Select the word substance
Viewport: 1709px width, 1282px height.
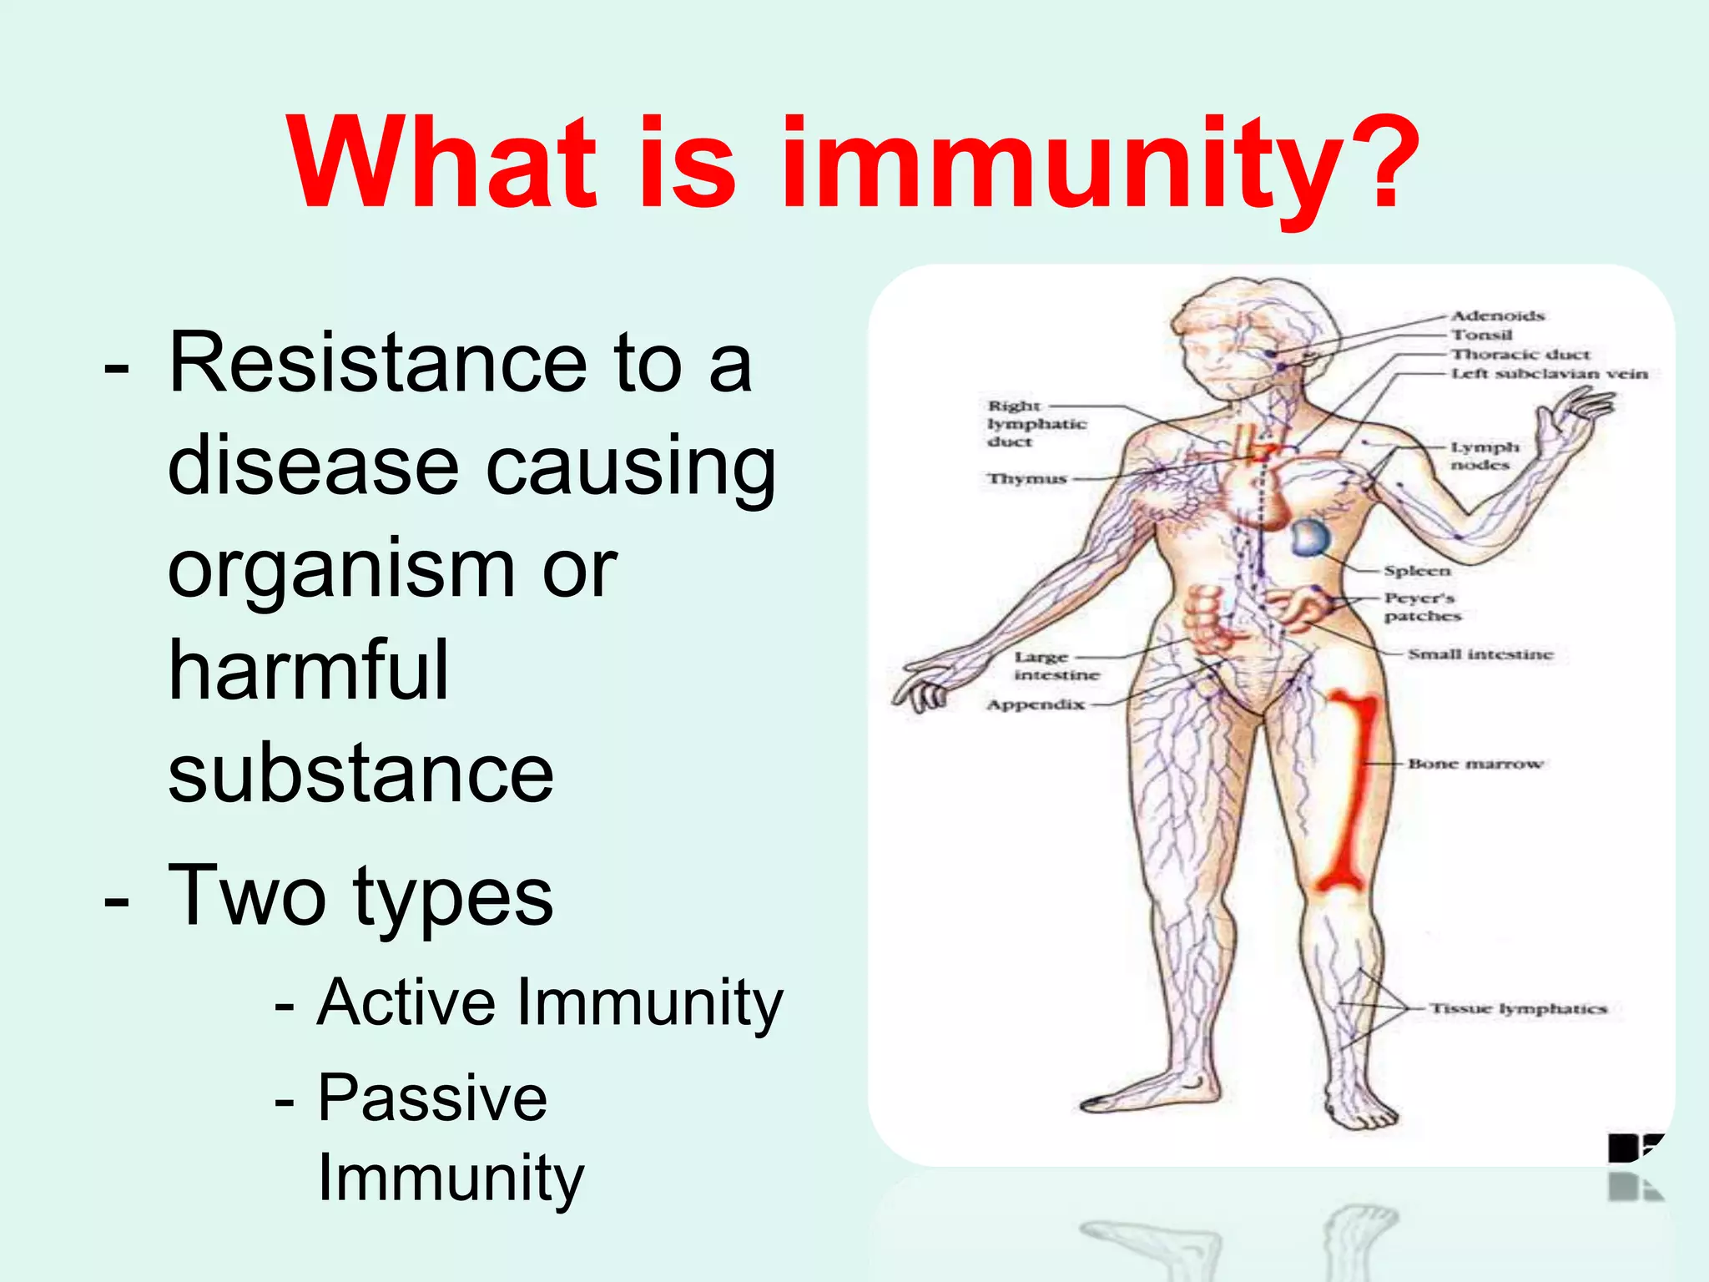pos(360,774)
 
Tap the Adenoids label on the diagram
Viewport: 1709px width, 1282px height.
pos(1498,315)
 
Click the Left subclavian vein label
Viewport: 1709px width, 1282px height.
pos(1549,374)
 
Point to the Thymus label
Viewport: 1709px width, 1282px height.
pos(1027,479)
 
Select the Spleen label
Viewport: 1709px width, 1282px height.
pos(1417,571)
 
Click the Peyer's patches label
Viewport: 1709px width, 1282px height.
pos(1422,607)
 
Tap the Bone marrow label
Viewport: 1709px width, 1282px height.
pos(1475,764)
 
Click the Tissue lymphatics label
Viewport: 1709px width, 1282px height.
pos(1518,1008)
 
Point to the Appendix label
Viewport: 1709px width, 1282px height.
pos(1036,704)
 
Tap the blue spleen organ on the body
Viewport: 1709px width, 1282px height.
pos(1310,539)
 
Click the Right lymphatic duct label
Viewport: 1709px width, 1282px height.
pos(1036,423)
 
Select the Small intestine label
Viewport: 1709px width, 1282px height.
pos(1480,654)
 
